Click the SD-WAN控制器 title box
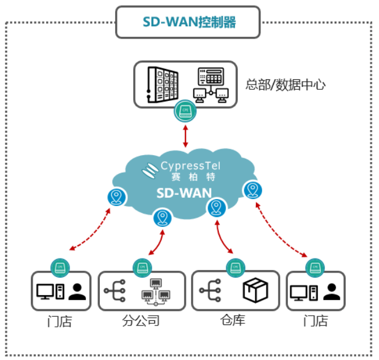[x=188, y=22]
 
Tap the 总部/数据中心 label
[x=286, y=85]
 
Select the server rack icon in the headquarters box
[x=163, y=84]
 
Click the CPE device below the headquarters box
[x=186, y=110]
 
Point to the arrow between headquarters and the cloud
[x=186, y=136]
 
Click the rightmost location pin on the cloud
[x=252, y=190]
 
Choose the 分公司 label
[x=141, y=321]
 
